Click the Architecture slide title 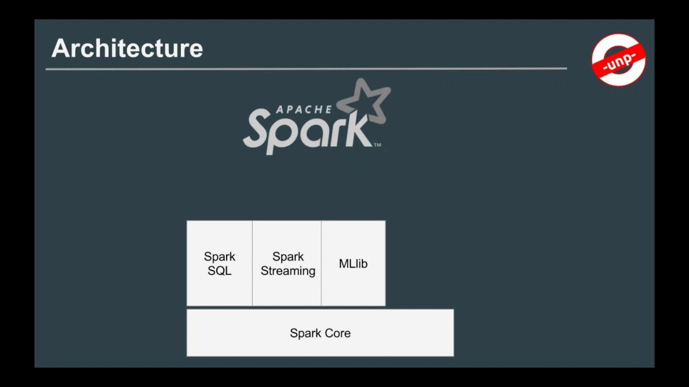[x=128, y=48]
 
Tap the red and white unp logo [x=618, y=60]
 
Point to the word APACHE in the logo [x=304, y=109]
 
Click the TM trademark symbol [x=377, y=145]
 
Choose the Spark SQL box [x=220, y=263]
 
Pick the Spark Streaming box [x=287, y=263]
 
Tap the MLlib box [x=354, y=263]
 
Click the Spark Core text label [x=320, y=333]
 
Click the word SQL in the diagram [x=220, y=271]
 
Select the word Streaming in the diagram [x=288, y=271]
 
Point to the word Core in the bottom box [x=337, y=333]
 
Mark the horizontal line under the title [x=306, y=69]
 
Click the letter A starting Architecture [x=59, y=48]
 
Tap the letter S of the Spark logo [x=259, y=128]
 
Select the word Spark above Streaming [x=288, y=257]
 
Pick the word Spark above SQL [x=220, y=257]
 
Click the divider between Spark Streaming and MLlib [x=321, y=263]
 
